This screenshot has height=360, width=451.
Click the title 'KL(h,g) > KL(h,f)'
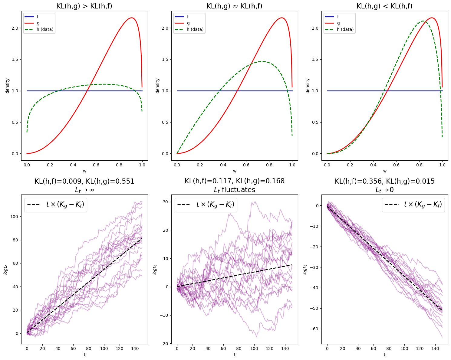click(x=84, y=6)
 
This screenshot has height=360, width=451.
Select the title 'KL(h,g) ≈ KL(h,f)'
click(x=234, y=6)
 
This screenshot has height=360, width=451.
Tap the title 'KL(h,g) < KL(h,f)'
click(x=384, y=6)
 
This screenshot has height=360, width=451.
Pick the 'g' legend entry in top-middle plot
click(x=188, y=23)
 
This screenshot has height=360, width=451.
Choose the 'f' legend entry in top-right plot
click(x=338, y=17)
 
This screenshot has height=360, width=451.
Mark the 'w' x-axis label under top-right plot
click(x=385, y=171)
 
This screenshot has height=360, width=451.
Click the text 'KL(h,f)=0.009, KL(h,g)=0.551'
click(x=84, y=182)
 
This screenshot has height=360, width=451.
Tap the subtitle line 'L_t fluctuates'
click(x=234, y=190)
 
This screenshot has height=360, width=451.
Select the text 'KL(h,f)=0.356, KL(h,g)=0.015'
click(x=384, y=182)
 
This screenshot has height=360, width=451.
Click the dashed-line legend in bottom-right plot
click(x=413, y=205)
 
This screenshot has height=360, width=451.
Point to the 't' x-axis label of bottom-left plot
click(x=84, y=355)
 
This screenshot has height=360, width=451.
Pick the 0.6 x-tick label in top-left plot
click(x=96, y=165)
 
